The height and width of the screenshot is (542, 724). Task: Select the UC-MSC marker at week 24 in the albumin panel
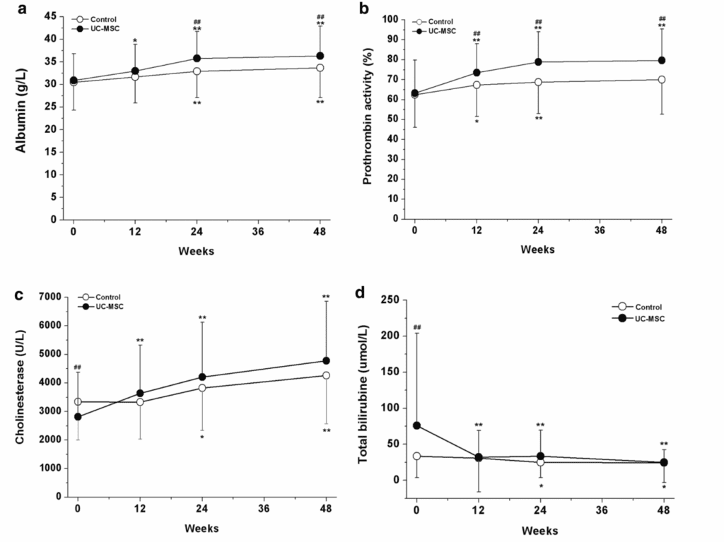197,58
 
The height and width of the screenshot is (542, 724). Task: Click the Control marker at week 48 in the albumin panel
320,68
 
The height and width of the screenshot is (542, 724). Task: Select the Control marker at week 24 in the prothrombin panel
538,82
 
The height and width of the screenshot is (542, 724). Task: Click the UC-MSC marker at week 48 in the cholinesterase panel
326,360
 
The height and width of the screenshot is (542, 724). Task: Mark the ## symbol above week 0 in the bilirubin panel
417,326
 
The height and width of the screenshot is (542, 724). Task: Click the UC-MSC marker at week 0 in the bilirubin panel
417,425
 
